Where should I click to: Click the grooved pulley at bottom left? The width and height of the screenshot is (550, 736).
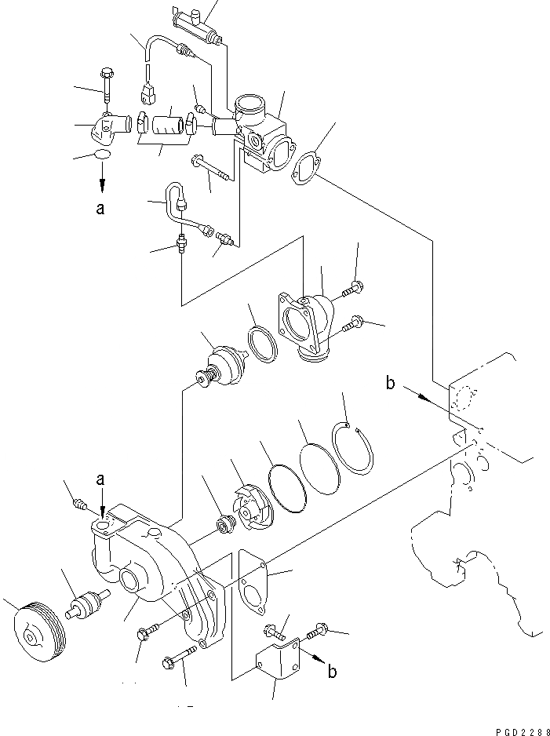coord(38,634)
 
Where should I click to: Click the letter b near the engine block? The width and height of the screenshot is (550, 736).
coord(390,384)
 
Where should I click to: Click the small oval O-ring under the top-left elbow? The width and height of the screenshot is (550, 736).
coord(101,157)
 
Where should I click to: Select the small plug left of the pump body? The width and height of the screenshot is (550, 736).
coord(77,503)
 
